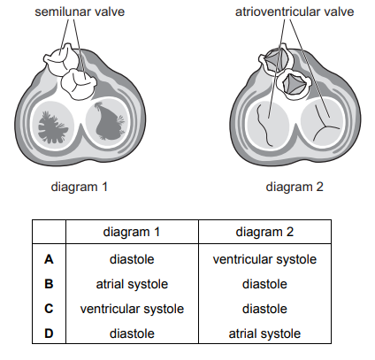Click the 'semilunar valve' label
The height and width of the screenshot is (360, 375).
(80, 11)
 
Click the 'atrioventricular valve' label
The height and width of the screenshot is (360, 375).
(295, 11)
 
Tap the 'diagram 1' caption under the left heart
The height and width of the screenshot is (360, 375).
(80, 187)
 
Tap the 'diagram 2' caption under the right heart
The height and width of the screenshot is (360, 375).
(295, 187)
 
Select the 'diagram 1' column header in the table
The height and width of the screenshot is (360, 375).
(132, 232)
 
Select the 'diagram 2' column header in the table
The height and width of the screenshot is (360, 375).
(264, 232)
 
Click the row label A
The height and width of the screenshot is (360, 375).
(49, 259)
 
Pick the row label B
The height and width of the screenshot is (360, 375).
(49, 284)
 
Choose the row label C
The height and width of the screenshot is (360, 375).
(49, 309)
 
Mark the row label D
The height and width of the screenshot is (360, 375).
(49, 333)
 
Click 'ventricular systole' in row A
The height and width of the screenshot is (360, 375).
(264, 259)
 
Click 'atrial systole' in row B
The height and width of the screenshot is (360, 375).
(132, 284)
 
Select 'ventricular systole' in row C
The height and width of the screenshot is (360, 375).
(132, 309)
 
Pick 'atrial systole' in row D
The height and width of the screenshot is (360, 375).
(264, 333)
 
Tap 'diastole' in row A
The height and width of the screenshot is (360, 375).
(132, 259)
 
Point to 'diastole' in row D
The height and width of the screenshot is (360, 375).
(132, 333)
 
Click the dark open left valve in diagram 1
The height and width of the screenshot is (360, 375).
(52, 127)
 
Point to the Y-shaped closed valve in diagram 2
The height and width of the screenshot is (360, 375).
(325, 126)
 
